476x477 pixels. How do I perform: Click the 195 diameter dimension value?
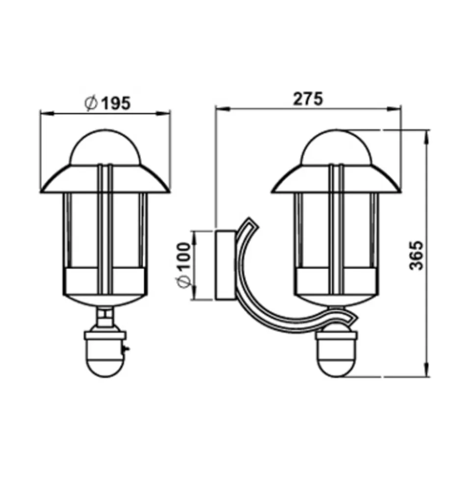pyautogui.click(x=115, y=103)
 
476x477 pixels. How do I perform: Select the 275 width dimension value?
pyautogui.click(x=308, y=99)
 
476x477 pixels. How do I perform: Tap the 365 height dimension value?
pyautogui.click(x=416, y=255)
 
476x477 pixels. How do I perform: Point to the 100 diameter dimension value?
pyautogui.click(x=184, y=256)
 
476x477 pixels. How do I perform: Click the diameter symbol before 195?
pyautogui.click(x=91, y=104)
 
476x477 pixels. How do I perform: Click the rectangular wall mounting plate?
pyautogui.click(x=225, y=265)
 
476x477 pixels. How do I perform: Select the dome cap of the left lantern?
pyautogui.click(x=106, y=148)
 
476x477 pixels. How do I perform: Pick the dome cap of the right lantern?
pyautogui.click(x=336, y=148)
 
